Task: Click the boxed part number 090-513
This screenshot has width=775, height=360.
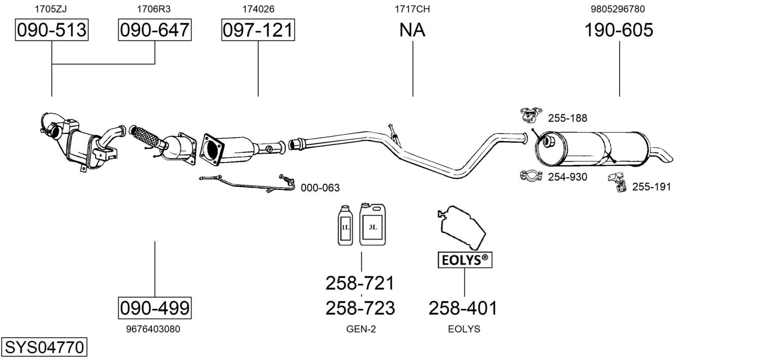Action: coord(52,30)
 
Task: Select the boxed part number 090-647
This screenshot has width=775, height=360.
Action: coord(154,30)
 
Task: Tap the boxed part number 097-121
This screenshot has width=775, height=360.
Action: coord(258,30)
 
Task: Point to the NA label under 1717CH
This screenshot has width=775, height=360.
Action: coord(412,30)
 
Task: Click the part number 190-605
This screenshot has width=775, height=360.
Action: coord(618,30)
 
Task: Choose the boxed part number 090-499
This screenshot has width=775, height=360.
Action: coord(154,307)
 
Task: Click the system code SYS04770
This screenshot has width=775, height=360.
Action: coord(44,347)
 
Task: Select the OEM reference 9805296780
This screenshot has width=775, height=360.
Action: coord(617,9)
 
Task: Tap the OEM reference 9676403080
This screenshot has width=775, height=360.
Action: coord(152,329)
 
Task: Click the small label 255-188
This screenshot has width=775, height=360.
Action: coord(567,118)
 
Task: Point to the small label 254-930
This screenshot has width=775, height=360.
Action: coord(567,177)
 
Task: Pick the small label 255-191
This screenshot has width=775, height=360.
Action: coord(651,187)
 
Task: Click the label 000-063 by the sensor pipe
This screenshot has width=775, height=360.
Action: coord(320,188)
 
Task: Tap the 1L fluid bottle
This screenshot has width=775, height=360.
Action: coord(345,226)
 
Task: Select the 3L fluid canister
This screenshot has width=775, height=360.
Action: coord(372,225)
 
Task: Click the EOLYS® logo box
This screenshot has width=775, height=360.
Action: coord(464,260)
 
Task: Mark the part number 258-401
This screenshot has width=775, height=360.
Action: coord(462,308)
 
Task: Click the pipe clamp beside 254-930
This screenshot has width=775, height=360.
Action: coord(531,176)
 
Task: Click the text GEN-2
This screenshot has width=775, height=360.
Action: coord(361,329)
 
